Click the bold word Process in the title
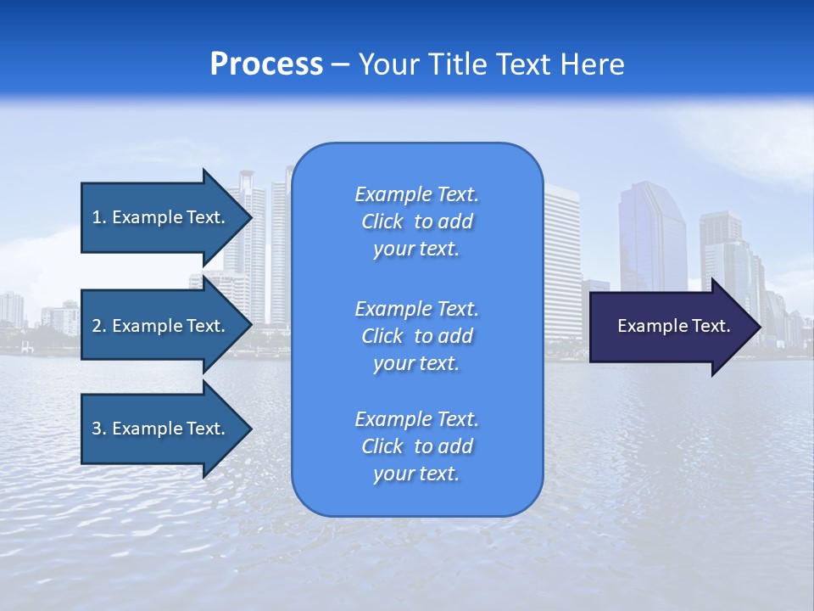[266, 64]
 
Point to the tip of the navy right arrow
[759, 327]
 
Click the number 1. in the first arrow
[99, 217]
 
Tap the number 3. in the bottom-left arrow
[99, 429]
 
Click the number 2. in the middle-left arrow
[99, 326]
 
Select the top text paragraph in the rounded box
[416, 221]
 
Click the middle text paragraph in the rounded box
[416, 336]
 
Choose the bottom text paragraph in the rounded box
[416, 446]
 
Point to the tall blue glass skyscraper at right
[650, 238]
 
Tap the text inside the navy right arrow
[673, 326]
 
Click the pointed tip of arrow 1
[250, 217]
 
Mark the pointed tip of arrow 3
[250, 429]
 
